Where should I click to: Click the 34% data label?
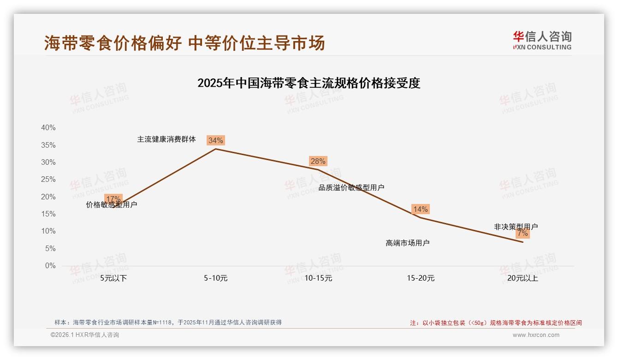coord(215,140)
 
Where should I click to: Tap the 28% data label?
coord(318,161)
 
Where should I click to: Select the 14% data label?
coord(420,209)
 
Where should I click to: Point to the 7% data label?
coord(523,234)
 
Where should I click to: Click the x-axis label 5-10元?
coord(216,278)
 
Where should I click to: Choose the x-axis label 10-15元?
coord(318,278)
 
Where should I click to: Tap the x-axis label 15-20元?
coord(421,278)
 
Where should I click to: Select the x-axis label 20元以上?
coord(523,278)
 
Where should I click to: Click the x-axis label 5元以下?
coord(113,278)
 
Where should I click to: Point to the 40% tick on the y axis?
coord(48,128)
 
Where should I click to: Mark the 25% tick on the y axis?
coord(48,180)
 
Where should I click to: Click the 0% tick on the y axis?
coord(50,266)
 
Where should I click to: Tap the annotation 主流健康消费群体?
coord(166,139)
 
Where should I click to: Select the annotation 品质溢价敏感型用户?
coord(351,188)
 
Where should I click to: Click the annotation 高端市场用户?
coord(408,243)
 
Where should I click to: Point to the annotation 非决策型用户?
coord(516,227)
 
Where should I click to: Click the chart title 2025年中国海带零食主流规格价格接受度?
coord(309,84)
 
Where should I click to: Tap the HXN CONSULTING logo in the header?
coord(542,41)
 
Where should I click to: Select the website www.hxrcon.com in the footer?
coord(536,335)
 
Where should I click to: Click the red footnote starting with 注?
coord(496,323)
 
